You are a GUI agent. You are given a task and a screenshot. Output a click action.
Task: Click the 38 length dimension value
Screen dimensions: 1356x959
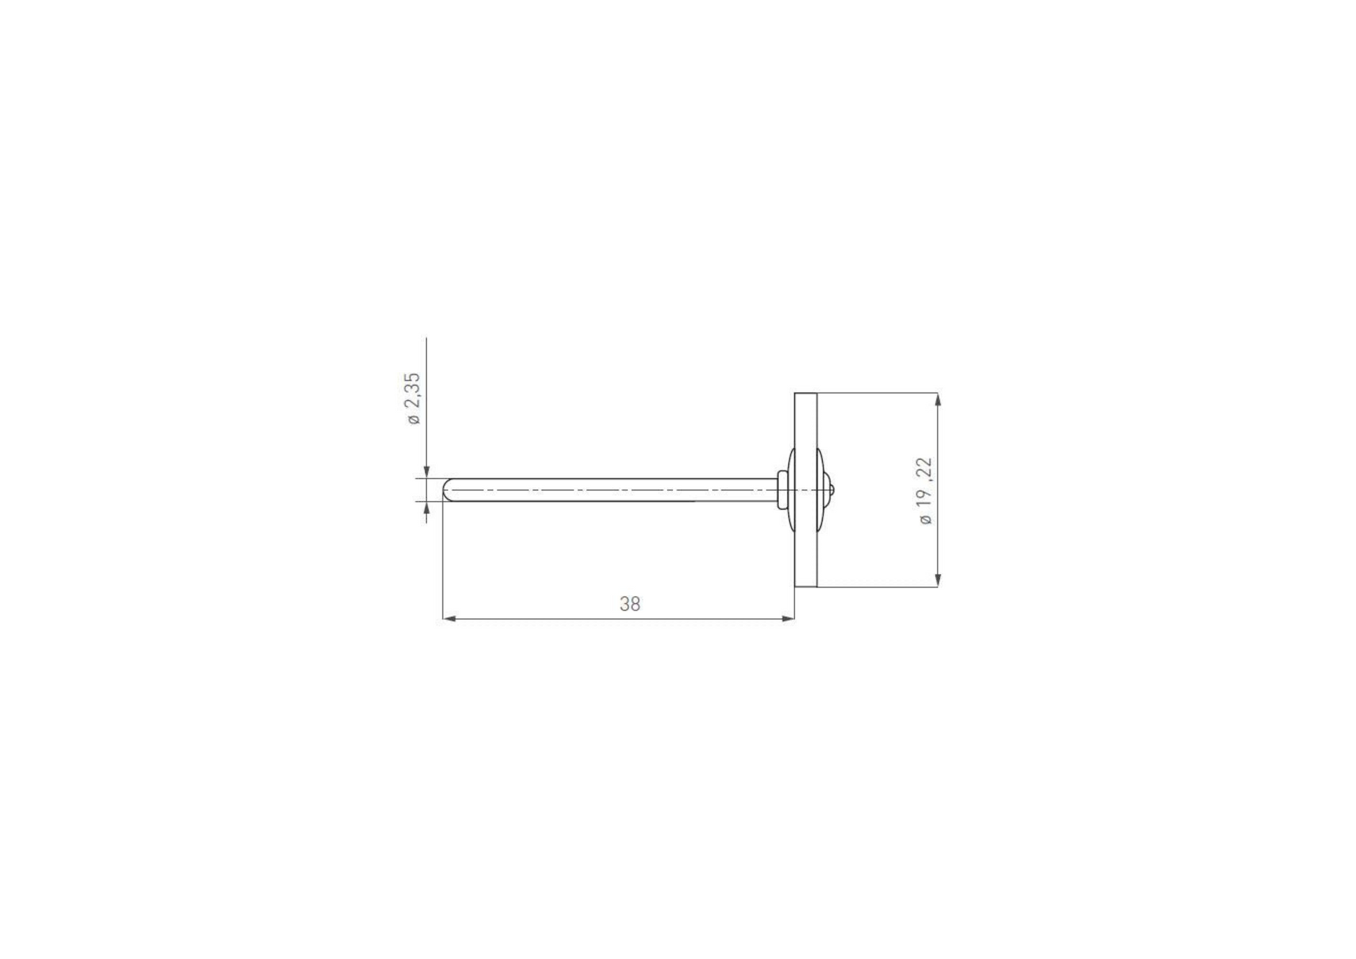point(629,604)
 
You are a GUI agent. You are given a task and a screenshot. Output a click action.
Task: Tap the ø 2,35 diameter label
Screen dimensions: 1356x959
point(413,399)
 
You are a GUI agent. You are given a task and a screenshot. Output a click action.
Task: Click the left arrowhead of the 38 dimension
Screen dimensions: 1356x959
point(449,618)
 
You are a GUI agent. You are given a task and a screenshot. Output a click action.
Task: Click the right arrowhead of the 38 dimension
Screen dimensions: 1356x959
point(788,618)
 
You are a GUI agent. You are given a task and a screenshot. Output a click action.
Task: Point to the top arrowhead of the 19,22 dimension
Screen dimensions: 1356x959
point(938,399)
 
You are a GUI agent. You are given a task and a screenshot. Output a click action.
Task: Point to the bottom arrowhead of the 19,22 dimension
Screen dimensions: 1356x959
point(938,580)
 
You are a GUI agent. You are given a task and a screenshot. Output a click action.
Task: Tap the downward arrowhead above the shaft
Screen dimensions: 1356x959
point(426,472)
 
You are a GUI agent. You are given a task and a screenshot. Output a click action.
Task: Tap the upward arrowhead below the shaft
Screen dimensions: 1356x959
point(426,508)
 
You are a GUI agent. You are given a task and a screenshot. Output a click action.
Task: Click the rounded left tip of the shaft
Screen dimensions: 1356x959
point(445,490)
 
